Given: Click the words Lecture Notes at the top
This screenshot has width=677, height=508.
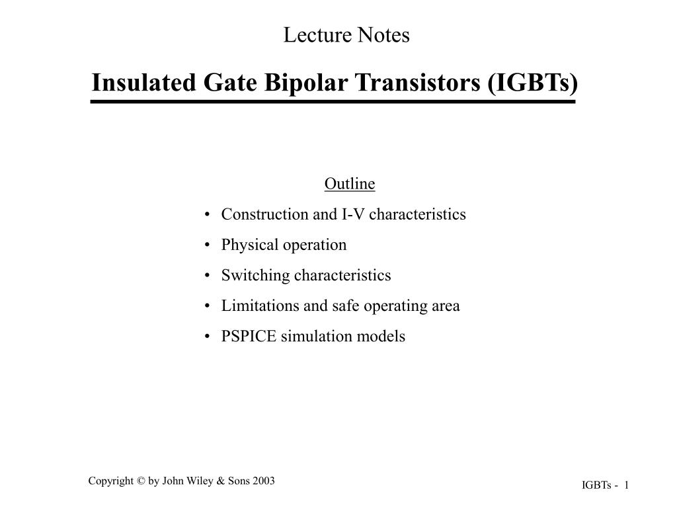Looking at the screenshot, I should (x=346, y=35).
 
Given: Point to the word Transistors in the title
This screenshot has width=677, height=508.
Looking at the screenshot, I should (x=418, y=83).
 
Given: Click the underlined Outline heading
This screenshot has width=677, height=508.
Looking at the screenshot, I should (x=349, y=183).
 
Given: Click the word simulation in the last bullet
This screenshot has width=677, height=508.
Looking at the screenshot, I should (x=309, y=336).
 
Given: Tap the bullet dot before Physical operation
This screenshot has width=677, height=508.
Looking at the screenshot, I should (x=208, y=245).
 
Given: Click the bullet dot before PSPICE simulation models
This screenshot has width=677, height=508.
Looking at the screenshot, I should (x=208, y=337).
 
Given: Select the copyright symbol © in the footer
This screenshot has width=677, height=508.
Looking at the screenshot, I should (x=141, y=481).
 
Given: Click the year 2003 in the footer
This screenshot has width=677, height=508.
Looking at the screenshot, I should (x=263, y=481).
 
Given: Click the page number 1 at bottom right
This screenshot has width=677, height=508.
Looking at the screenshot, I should (x=625, y=486).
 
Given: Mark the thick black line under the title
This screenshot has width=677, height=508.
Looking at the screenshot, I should (x=333, y=102).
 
